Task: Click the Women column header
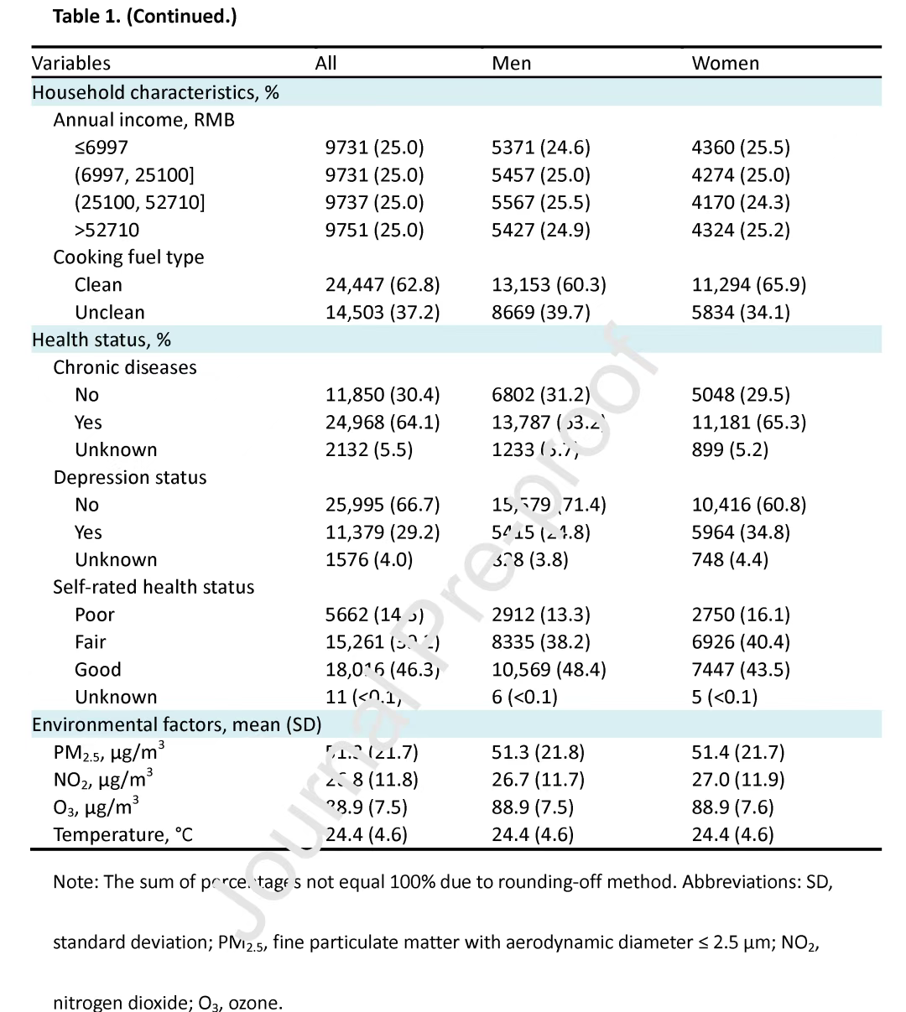(725, 64)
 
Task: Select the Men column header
(511, 64)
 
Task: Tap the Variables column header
(71, 64)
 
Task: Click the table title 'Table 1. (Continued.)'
(144, 17)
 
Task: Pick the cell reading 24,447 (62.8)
(382, 285)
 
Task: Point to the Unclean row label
(109, 313)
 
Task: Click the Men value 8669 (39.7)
(540, 313)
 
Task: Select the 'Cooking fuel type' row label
(128, 257)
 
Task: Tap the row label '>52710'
(107, 230)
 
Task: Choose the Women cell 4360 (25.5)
(740, 148)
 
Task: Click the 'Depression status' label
(129, 478)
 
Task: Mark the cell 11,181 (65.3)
(748, 423)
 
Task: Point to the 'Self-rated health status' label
(154, 588)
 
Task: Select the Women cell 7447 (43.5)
(740, 670)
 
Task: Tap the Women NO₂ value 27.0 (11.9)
(737, 780)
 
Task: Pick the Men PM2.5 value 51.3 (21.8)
(538, 752)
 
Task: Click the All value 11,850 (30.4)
(382, 395)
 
